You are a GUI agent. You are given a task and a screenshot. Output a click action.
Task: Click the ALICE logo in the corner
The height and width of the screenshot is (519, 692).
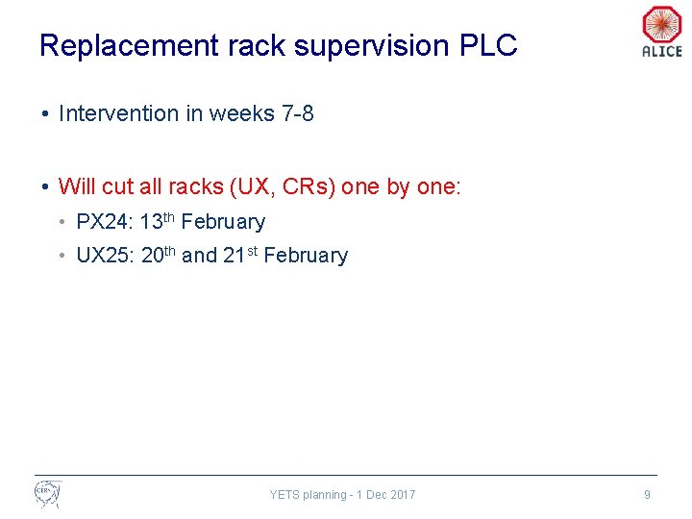661,31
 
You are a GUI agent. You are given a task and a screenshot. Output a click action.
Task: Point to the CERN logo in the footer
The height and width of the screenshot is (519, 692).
47,494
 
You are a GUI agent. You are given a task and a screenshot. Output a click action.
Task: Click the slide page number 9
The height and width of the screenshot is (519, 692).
647,495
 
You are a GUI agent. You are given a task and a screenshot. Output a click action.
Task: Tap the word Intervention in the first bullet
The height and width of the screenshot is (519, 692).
118,113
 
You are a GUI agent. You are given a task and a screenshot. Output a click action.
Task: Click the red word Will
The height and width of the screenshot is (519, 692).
76,186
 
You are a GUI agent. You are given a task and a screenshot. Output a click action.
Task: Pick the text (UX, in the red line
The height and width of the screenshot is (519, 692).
248,186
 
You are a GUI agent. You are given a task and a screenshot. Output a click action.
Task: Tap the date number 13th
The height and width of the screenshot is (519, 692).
157,221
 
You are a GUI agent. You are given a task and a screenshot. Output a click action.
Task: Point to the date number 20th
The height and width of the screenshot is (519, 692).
158,255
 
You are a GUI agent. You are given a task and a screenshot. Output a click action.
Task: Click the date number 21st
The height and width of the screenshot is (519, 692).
240,255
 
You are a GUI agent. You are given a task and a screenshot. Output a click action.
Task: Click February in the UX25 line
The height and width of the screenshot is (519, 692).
306,256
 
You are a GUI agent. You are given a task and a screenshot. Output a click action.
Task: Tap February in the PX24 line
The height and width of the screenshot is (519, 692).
223,222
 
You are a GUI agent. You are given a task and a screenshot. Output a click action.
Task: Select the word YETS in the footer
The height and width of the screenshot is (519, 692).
284,495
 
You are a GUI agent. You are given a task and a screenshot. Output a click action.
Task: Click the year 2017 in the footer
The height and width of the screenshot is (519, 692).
403,495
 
